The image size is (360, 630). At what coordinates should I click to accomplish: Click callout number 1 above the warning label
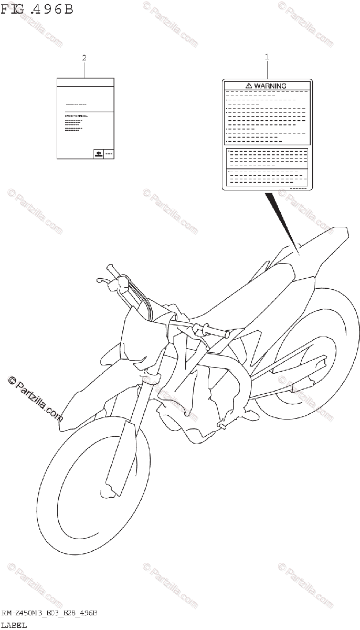pos(267,57)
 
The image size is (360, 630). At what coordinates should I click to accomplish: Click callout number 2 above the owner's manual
pos(84,58)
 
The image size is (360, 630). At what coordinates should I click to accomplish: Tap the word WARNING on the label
pos(271,86)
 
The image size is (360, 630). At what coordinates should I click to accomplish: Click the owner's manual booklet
pos(85,118)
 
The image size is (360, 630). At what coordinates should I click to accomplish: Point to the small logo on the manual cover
pos(98,153)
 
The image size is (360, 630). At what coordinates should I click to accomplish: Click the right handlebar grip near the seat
pos(212,331)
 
